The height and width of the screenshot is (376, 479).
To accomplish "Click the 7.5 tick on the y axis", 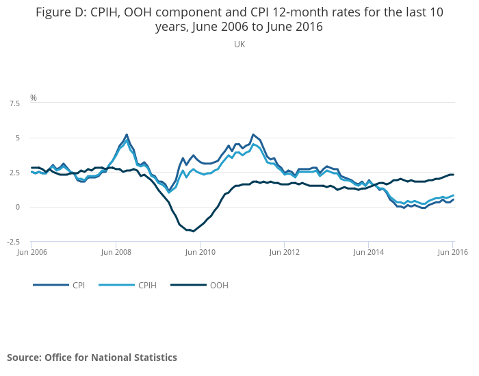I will (x=14, y=103).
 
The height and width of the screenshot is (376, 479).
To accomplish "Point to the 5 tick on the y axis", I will (x=17, y=138).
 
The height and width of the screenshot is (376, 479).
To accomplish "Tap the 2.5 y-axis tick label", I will (x=14, y=173).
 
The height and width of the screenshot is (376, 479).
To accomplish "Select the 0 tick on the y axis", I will (x=17, y=207).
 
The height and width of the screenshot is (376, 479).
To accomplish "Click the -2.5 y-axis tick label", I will (x=13, y=242).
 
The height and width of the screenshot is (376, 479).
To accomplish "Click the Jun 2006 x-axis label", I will (x=31, y=253).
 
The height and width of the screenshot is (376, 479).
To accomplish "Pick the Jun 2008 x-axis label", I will (x=116, y=253).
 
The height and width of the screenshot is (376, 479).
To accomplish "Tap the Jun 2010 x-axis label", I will (x=200, y=253).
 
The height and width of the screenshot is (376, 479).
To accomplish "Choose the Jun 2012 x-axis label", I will (x=284, y=253).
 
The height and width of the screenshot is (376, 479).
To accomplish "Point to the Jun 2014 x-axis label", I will (x=368, y=253).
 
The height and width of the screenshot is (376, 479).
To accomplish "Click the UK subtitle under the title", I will (x=239, y=45).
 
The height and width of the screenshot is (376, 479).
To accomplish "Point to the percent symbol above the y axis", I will (x=33, y=98).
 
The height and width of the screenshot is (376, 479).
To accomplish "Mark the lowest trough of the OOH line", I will (x=194, y=231).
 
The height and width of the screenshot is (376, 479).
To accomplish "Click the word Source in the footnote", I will (x=23, y=358).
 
